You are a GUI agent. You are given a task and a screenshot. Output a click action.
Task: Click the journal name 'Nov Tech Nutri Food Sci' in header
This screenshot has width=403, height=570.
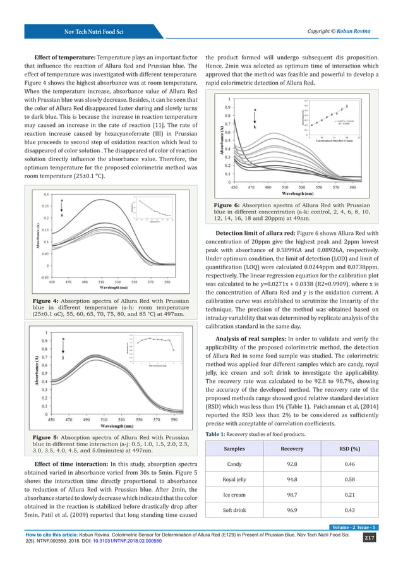88,31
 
